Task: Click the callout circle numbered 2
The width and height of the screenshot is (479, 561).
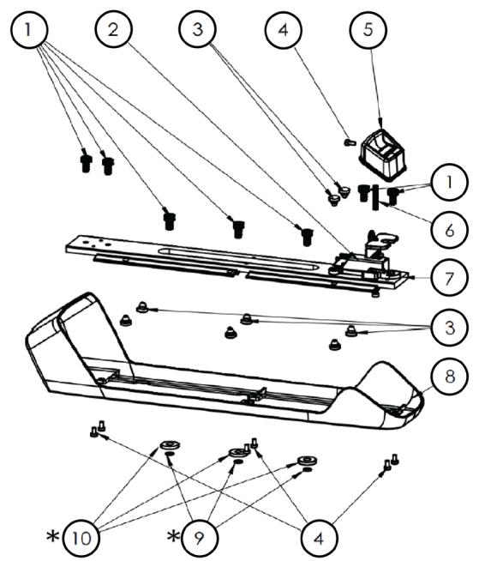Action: point(114,28)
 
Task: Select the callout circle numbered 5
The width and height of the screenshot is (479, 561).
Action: point(368,29)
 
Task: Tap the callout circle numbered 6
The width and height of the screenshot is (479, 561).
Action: point(449,229)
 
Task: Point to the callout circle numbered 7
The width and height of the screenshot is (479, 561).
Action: point(449,278)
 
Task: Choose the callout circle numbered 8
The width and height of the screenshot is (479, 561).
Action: point(449,376)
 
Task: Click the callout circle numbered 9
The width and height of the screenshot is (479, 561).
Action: point(200,537)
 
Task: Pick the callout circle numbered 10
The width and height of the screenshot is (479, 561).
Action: point(81,537)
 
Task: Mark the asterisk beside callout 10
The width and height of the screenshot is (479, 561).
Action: point(53,536)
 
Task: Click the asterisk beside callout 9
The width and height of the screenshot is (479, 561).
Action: point(173,536)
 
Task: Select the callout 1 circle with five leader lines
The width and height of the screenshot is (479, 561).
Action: point(28,29)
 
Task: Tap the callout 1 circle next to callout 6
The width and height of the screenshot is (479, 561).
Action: point(449,182)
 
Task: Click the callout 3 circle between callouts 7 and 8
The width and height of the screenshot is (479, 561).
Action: point(449,327)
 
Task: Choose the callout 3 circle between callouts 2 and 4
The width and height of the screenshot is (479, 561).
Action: point(198,28)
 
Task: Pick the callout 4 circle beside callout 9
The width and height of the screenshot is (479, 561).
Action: point(319,537)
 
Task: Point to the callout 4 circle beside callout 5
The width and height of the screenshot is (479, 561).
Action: point(283,29)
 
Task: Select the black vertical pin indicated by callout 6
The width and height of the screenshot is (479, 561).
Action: point(375,197)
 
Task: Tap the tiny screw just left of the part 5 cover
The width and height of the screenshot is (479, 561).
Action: point(350,142)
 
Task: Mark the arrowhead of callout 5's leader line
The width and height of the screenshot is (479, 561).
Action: point(380,124)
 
